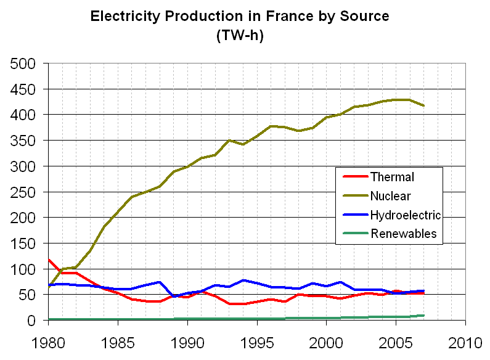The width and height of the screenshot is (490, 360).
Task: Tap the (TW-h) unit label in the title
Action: click(240, 35)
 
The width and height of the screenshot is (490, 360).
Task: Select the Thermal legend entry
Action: click(392, 178)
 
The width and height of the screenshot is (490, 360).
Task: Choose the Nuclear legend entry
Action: click(391, 196)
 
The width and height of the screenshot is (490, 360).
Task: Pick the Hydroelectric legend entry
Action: click(405, 215)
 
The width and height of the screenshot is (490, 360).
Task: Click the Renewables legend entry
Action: click(403, 233)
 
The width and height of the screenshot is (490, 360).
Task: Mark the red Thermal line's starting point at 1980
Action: click(49, 260)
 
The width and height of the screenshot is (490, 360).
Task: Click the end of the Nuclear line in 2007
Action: click(423, 106)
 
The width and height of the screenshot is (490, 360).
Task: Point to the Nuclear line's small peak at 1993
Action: click(229, 141)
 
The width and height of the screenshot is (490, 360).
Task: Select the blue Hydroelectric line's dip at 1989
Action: click(174, 297)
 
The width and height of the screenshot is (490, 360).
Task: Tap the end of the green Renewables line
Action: click(423, 316)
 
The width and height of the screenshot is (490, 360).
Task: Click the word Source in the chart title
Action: click(365, 16)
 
